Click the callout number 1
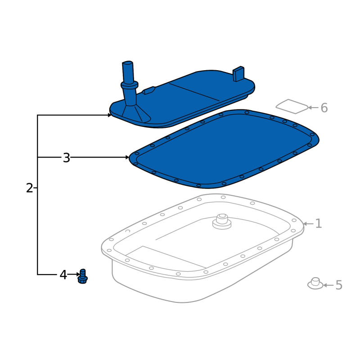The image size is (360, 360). [x=319, y=223]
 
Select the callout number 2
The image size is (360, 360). [x=30, y=188]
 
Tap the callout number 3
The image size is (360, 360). [x=66, y=158]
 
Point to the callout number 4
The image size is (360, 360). [x=63, y=274]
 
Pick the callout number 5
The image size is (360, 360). [x=339, y=285]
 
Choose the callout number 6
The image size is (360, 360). [x=324, y=108]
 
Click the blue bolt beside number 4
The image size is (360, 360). [x=83, y=276]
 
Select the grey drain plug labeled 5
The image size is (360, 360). [x=315, y=283]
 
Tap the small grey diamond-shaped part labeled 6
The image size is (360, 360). [x=292, y=107]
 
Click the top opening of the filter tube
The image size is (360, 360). [x=128, y=63]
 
